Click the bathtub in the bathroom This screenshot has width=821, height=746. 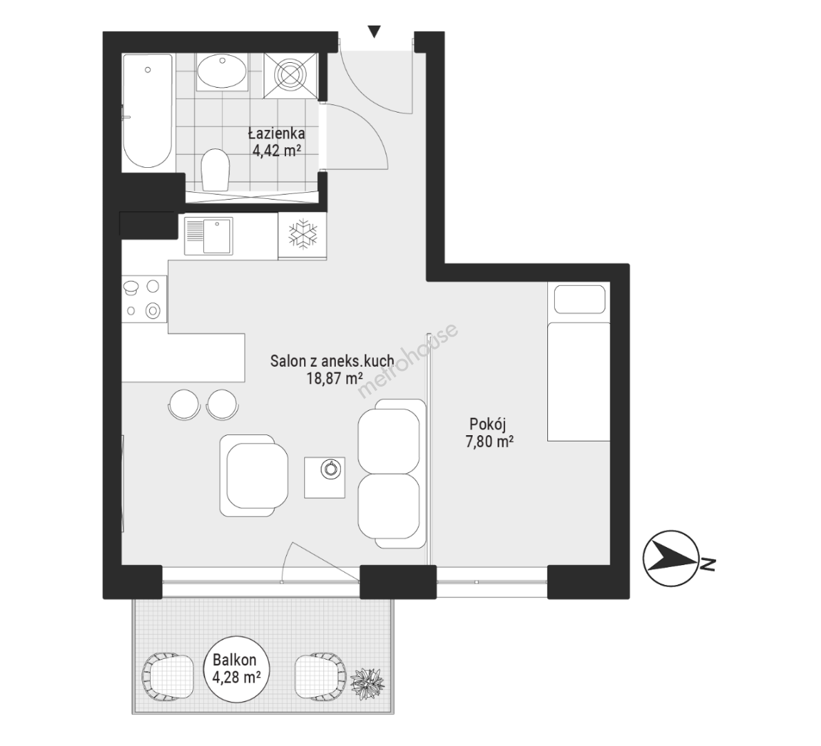(x=148, y=111)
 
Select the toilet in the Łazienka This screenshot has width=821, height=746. (x=215, y=170)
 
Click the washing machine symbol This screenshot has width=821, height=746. (x=290, y=75)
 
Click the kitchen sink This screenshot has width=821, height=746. (x=209, y=236)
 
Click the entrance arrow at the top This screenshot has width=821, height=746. (x=374, y=32)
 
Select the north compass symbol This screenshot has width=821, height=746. (x=671, y=559)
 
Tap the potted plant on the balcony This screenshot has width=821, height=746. (x=367, y=682)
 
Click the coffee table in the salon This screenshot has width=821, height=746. (x=325, y=477)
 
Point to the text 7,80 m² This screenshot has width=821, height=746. (x=489, y=442)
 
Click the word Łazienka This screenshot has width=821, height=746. (x=276, y=133)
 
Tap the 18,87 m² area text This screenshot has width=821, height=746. (x=334, y=378)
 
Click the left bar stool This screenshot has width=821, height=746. (x=184, y=404)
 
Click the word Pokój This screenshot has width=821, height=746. (x=488, y=424)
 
